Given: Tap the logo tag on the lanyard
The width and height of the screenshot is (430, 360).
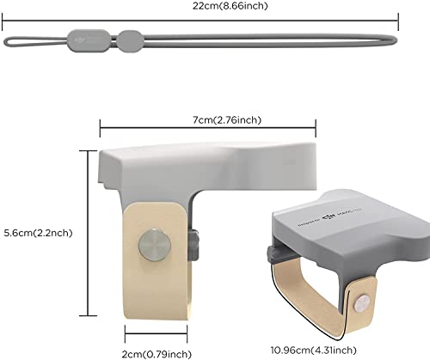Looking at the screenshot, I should click(89, 39).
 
